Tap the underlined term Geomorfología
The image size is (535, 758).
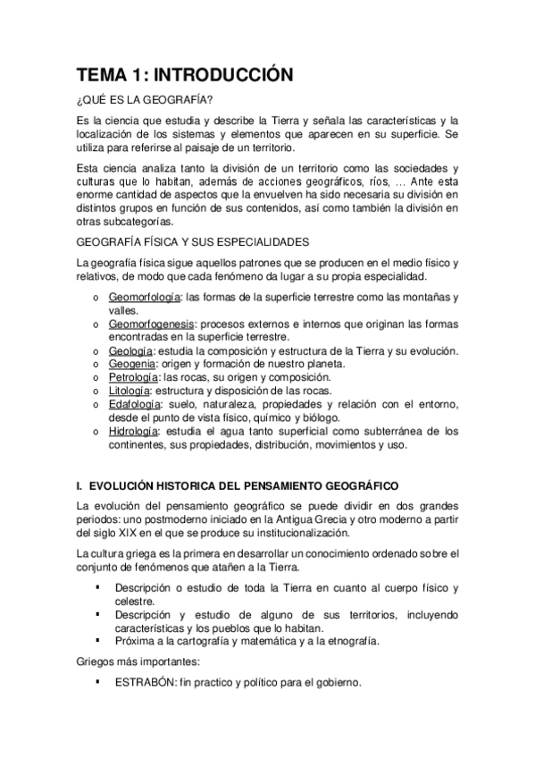(x=144, y=297)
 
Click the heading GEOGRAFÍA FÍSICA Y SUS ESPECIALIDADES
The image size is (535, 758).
(x=193, y=242)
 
